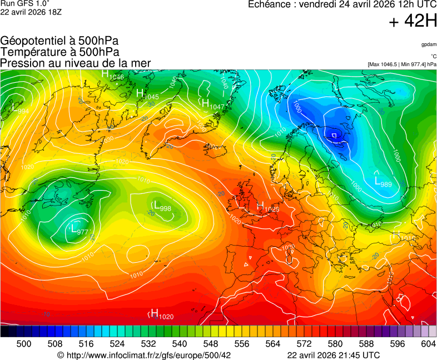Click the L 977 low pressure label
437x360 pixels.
[79, 228]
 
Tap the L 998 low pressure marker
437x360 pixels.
[162, 206]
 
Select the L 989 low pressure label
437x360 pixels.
[384, 182]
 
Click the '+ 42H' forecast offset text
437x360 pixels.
[413, 22]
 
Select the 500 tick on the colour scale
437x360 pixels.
[23, 344]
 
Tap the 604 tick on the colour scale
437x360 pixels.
[428, 344]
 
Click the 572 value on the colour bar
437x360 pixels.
[304, 344]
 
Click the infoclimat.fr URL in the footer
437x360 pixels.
[144, 355]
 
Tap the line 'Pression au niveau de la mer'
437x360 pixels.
[76, 63]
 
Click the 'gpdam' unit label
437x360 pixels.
[428, 44]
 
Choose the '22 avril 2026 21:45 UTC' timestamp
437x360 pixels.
[334, 355]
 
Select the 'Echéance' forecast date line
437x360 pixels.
[342, 5]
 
